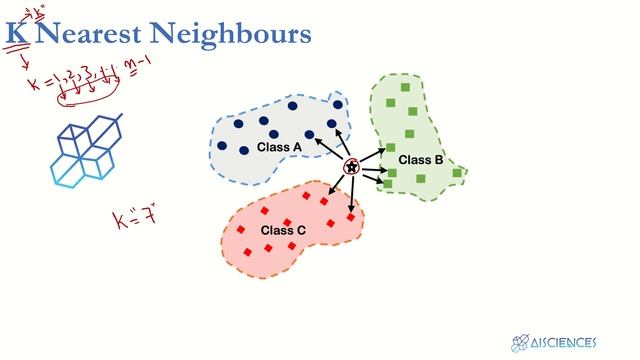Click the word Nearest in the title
pos(97,35)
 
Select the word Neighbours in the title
pos(240,35)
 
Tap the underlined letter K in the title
pos(15,35)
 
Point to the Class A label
pos(279,147)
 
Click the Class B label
pos(420,160)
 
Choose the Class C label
pos(283,231)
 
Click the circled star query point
pos(351,167)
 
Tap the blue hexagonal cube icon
pos(88,150)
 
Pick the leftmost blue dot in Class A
pos(222,146)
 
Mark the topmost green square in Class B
pos(404,88)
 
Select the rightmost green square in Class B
pos(457,173)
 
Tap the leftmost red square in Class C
pos(241,230)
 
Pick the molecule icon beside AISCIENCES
pos(520,343)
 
